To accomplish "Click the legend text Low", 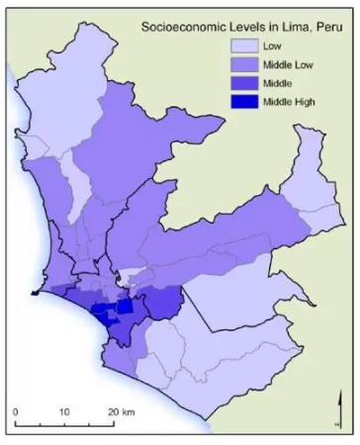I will coord(272,45).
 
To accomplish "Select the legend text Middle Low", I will coord(289,64).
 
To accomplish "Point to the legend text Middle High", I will coord(290,102).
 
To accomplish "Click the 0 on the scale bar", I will coord(16,409).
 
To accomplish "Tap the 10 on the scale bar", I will coord(64,409).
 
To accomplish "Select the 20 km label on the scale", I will coord(120,409).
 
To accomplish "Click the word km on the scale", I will coord(127,409).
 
